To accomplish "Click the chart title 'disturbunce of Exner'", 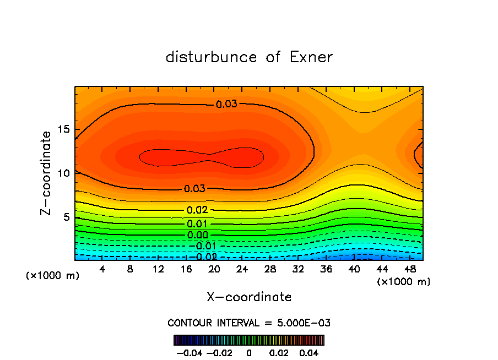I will (x=249, y=57).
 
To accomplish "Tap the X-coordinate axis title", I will (x=249, y=297).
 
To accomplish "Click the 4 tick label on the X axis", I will (x=102, y=269).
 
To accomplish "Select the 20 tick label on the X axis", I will (x=214, y=269).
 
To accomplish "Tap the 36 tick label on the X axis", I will (x=326, y=269).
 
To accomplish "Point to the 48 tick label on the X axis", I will (x=410, y=269).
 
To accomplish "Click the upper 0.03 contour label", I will (x=226, y=104).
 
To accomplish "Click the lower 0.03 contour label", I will (x=194, y=189).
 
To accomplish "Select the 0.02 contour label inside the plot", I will (x=197, y=210).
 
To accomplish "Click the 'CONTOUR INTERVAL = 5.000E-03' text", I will (x=249, y=323).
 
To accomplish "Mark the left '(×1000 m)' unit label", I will (x=52, y=275).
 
